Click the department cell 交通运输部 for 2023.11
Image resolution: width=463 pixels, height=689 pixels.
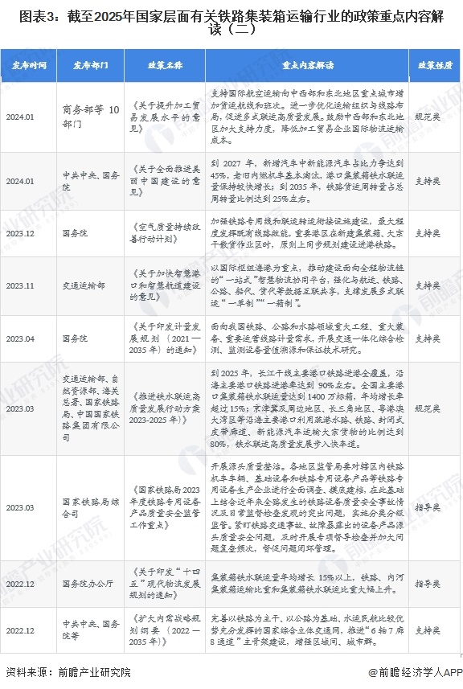point(84,285)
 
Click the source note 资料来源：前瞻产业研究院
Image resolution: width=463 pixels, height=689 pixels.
point(68,672)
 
